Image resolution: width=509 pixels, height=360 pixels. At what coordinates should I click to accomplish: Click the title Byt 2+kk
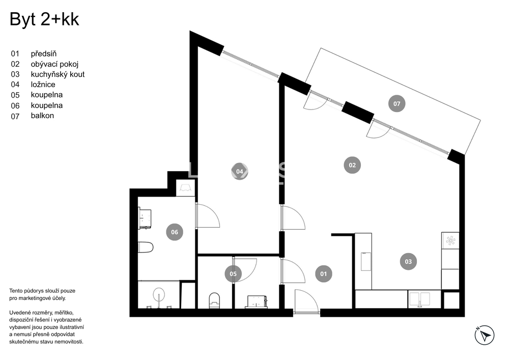[x=45, y=20]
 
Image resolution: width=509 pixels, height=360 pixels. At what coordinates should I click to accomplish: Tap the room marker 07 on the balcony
[x=397, y=104]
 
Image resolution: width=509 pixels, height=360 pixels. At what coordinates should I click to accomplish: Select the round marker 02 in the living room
[x=352, y=164]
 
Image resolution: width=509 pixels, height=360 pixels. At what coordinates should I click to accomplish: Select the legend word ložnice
[x=43, y=85]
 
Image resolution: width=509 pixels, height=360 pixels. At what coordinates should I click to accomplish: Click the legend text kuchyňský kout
[x=58, y=74]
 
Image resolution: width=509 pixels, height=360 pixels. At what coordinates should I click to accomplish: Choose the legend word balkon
[x=42, y=116]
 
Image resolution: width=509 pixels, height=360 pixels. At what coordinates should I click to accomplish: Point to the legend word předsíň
[x=43, y=53]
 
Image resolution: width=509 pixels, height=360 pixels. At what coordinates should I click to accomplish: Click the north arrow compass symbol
[x=485, y=335]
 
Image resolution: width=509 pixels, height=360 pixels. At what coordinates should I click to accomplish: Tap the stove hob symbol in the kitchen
[x=450, y=241]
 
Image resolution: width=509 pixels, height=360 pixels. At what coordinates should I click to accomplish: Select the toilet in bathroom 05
[x=214, y=300]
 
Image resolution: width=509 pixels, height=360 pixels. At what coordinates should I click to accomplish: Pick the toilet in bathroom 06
[x=146, y=247]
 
